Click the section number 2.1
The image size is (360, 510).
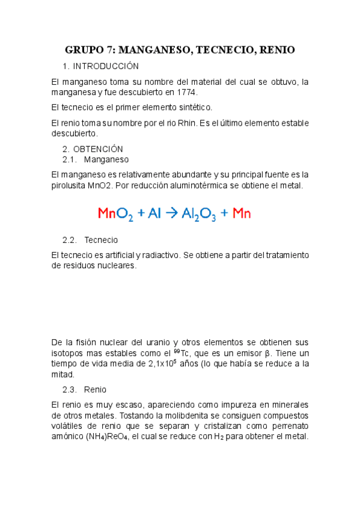point(70,159)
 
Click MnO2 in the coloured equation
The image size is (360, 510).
point(115,213)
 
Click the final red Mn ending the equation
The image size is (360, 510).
point(242,213)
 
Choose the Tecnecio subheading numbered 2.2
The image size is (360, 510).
point(101,239)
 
